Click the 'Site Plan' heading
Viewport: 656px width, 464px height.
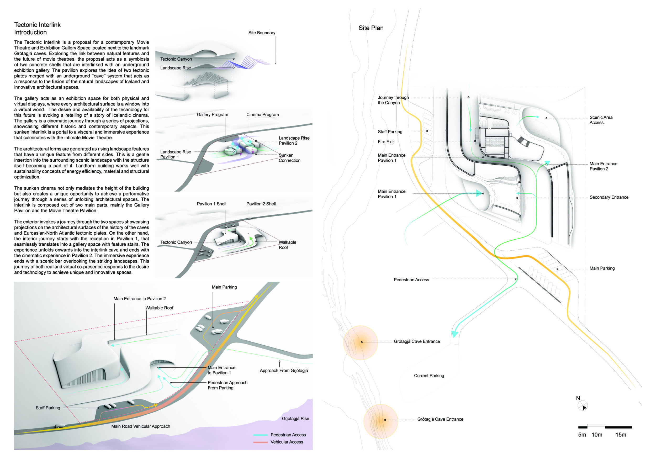point(371,28)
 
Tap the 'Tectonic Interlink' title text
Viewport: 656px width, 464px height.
point(38,25)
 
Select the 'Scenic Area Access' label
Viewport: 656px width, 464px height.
point(601,120)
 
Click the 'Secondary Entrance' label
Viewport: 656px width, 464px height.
point(609,197)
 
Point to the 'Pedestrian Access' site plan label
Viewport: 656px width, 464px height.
point(411,280)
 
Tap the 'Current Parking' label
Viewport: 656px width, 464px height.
point(429,376)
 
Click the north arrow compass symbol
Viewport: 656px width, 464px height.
point(583,406)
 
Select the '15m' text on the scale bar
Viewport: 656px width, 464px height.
point(621,435)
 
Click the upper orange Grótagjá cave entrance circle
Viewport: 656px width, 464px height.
point(361,342)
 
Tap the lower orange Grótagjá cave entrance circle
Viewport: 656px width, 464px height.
point(380,421)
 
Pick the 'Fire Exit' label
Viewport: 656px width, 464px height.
point(385,142)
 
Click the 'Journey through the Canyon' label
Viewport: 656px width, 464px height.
point(393,100)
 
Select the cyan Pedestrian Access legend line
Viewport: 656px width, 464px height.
point(260,435)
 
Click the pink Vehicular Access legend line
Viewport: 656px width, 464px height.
point(260,442)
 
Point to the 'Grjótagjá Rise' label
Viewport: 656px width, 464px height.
point(295,419)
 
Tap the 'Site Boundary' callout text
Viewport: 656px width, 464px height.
point(262,33)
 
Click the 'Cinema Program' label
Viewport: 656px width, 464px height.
point(263,115)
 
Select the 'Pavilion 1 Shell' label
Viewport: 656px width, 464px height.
point(211,204)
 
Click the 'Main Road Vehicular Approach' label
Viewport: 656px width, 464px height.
point(141,426)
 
